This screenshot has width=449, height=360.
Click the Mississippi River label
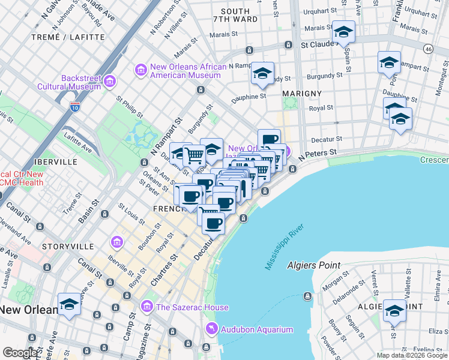pyautogui.click(x=283, y=247)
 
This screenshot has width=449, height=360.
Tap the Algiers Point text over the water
pyautogui.click(x=314, y=265)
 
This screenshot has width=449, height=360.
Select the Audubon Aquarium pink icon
pyautogui.click(x=211, y=329)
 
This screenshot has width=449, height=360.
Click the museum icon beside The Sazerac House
pyautogui.click(x=146, y=307)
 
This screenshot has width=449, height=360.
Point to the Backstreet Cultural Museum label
pyautogui.click(x=80, y=82)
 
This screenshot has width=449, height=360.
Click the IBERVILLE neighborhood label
pyautogui.click(x=52, y=162)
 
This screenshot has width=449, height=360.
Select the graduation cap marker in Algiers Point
pyautogui.click(x=394, y=310)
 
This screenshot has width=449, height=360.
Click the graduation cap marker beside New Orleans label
pyautogui.click(x=69, y=304)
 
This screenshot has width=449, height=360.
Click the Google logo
pyautogui.click(x=20, y=353)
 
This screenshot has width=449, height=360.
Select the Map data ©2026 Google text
pyautogui.click(x=411, y=355)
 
